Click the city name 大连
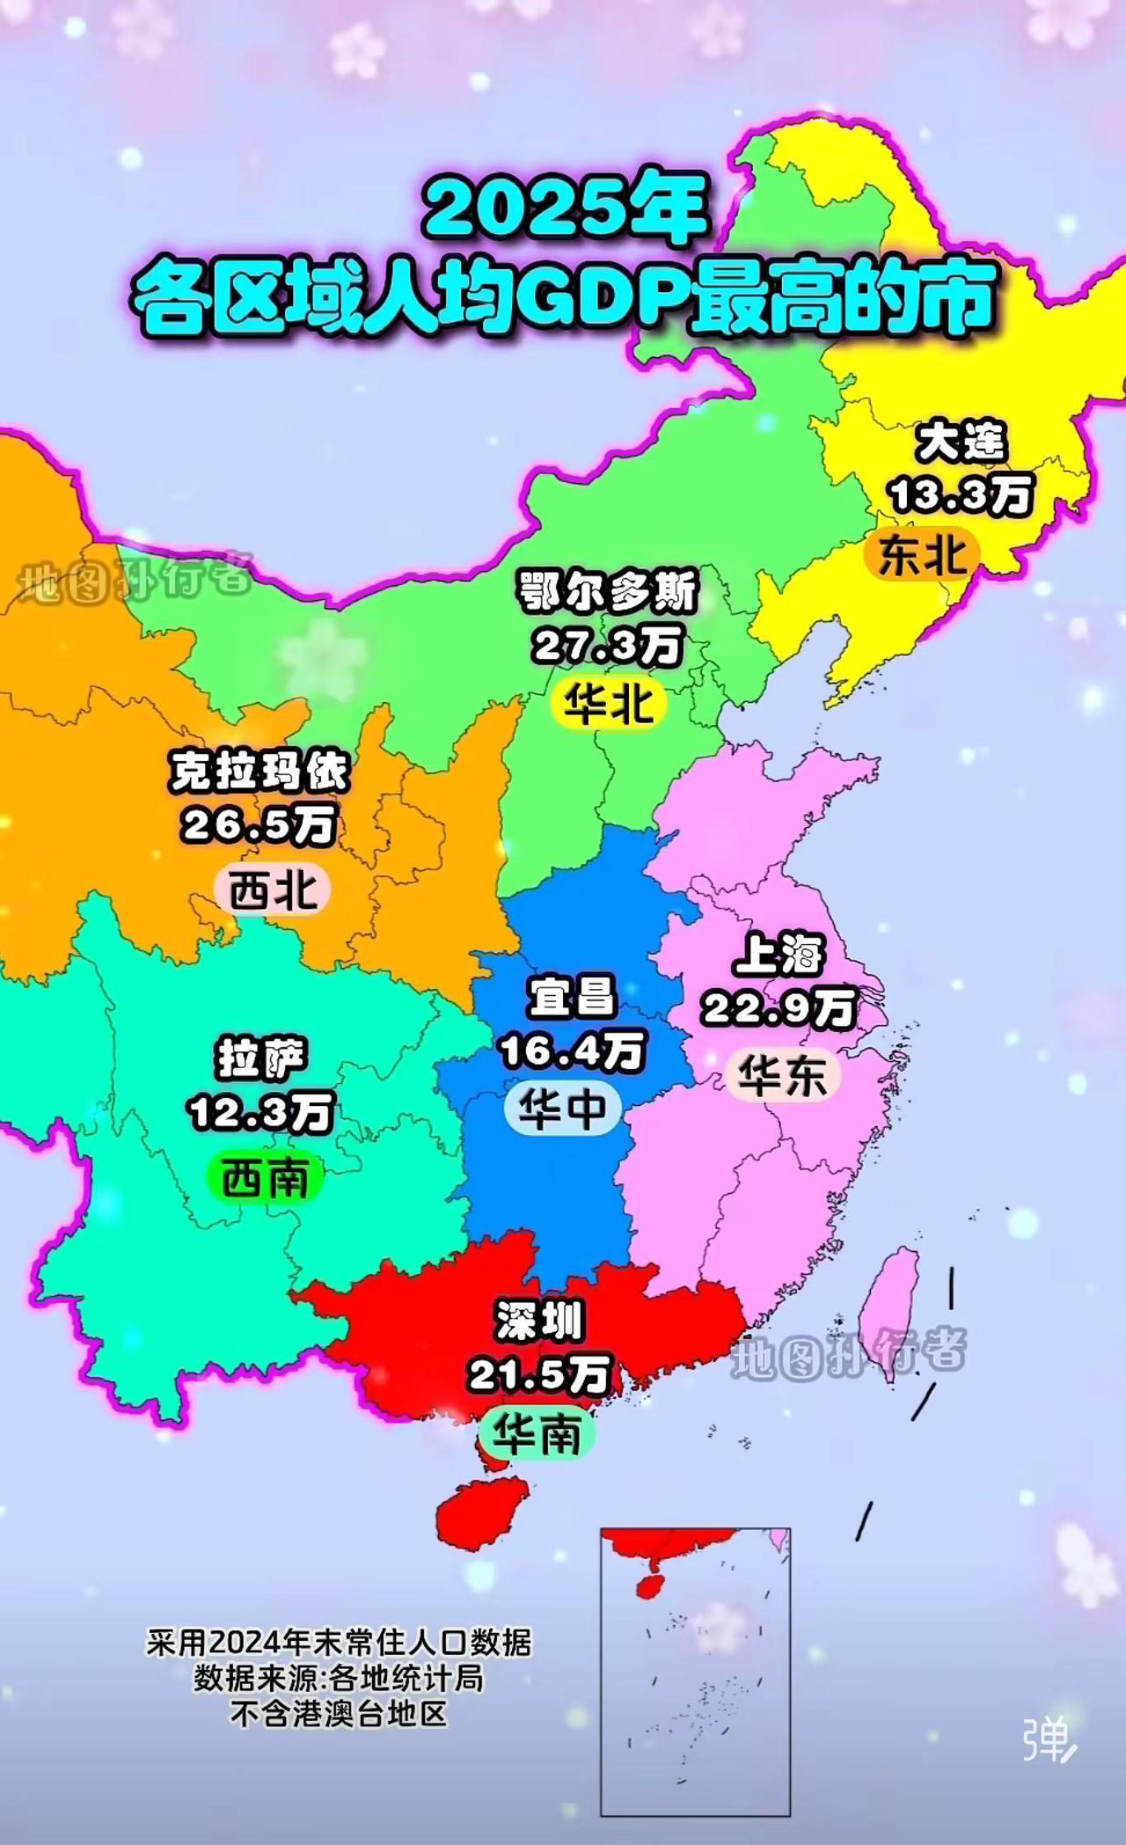tap(961, 443)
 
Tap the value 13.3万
tap(961, 494)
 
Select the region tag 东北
tap(922, 555)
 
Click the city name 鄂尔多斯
tap(608, 592)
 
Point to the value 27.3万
tap(608, 647)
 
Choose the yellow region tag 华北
tap(608, 704)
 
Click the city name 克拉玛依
tap(260, 772)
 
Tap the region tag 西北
tap(272, 890)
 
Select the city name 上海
tap(779, 955)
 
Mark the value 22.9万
tap(779, 1008)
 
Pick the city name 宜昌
tap(572, 997)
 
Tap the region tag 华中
tap(562, 1109)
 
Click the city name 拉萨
tap(262, 1058)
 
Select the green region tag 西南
tap(265, 1178)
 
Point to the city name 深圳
tap(538, 1322)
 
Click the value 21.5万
tap(538, 1375)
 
